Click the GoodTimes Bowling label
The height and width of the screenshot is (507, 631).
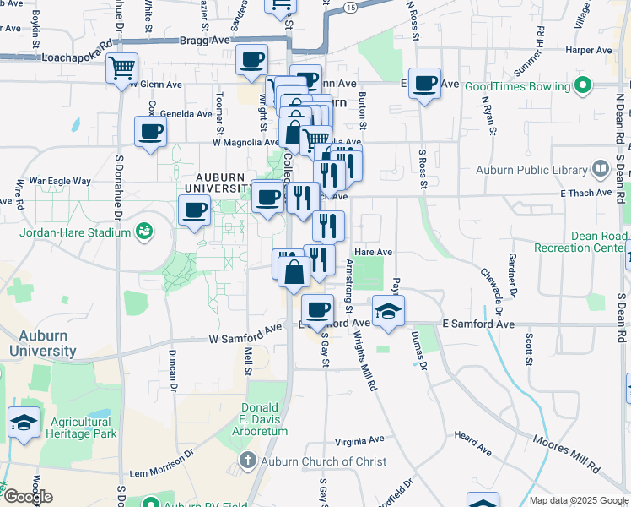pos(518,86)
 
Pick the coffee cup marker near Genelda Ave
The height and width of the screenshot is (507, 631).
pos(151,132)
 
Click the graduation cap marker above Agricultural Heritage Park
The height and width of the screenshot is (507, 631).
pos(24,422)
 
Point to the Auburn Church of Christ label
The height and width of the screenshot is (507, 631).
pos(323,461)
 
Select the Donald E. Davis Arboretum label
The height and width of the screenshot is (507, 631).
pos(266,419)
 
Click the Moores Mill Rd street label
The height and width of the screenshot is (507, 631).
pos(564,454)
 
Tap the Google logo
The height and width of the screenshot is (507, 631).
pos(27,497)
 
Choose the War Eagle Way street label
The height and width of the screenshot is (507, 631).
pos(59,181)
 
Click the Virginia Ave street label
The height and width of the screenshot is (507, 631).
pos(359,440)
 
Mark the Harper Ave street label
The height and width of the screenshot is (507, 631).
pos(588,51)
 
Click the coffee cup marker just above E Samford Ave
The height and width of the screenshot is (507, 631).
pos(317,310)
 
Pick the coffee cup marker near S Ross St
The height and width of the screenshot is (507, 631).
pos(425,84)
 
